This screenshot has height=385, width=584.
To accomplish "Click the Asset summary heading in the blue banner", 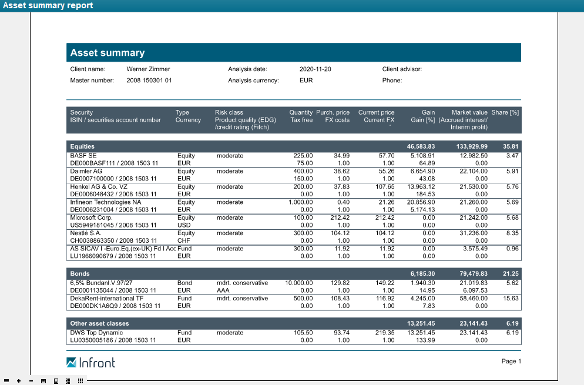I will tap(108, 53).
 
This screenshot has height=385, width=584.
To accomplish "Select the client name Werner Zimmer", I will tap(148, 69).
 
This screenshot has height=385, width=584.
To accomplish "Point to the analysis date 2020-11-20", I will tap(316, 69).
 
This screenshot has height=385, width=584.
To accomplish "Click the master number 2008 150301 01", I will tap(149, 81).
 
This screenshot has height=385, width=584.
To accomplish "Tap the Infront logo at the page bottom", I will tap(91, 362).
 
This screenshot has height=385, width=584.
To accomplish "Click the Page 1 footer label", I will tap(511, 361).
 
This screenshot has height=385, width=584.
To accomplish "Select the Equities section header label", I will tap(82, 146).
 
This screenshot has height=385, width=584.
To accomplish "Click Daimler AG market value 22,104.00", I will tap(472, 171).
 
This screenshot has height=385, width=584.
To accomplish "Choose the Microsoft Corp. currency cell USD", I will tap(184, 225).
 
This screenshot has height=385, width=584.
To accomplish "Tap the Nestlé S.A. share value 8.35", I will tap(512, 233).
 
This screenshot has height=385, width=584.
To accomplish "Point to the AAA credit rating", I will tap(223, 290).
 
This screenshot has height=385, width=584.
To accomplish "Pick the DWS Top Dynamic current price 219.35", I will tap(385, 333).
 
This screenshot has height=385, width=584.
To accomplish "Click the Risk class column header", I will tap(229, 112).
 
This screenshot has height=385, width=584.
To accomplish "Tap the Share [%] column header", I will tap(505, 112).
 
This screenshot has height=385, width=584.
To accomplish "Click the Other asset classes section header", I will tap(99, 323).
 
